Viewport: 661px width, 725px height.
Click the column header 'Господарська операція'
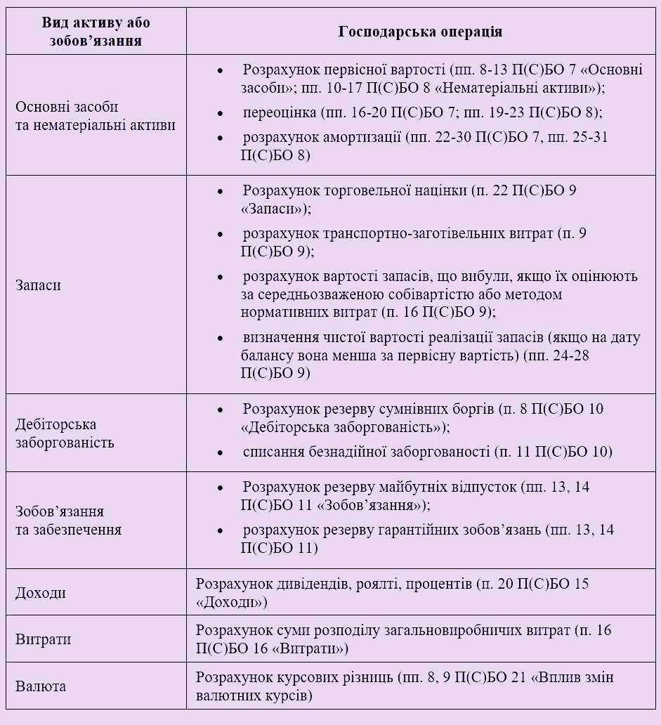[420, 32]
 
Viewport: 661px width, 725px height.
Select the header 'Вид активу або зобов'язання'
[96, 32]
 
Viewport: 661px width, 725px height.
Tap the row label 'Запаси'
[38, 286]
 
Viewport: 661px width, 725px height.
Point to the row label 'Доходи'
[41, 593]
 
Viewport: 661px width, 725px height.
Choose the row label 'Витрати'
[44, 640]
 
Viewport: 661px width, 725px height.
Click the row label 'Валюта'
[41, 686]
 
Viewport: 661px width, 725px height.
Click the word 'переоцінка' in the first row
[280, 112]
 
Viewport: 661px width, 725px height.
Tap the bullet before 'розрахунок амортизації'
[220, 138]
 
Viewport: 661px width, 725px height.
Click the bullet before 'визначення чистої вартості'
[220, 338]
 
